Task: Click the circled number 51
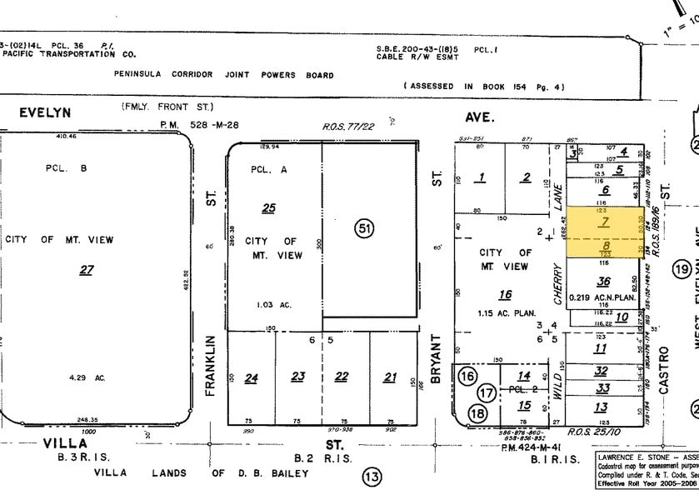363,206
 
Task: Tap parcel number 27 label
87,270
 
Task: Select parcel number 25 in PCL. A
268,207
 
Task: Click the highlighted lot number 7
604,222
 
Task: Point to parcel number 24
251,377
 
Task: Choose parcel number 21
390,377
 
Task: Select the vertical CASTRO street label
664,372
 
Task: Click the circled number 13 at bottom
372,477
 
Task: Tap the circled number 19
683,269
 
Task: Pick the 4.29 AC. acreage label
88,377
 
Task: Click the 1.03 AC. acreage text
274,305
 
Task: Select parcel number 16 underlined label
505,294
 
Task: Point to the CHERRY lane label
557,283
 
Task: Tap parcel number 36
603,282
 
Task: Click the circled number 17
487,392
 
